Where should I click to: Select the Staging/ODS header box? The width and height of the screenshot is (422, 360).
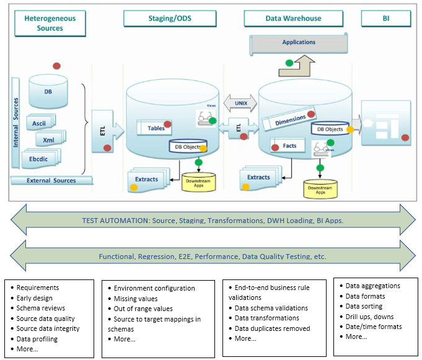pos(169,18)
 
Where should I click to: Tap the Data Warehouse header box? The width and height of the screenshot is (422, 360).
pos(293,18)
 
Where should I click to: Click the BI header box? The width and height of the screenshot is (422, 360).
pos(385,18)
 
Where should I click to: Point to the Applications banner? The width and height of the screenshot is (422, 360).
pos(299,43)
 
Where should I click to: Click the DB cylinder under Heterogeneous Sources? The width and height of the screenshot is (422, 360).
pos(48,91)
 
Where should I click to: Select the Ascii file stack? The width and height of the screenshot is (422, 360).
pos(40,123)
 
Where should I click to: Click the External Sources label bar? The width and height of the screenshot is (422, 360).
pos(51,181)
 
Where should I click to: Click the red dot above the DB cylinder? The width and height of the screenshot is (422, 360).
pos(56,66)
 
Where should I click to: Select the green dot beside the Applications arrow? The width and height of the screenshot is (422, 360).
pos(289,63)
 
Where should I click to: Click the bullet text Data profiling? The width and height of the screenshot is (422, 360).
pos(37,339)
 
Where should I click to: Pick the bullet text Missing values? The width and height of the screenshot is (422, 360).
pos(136,298)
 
